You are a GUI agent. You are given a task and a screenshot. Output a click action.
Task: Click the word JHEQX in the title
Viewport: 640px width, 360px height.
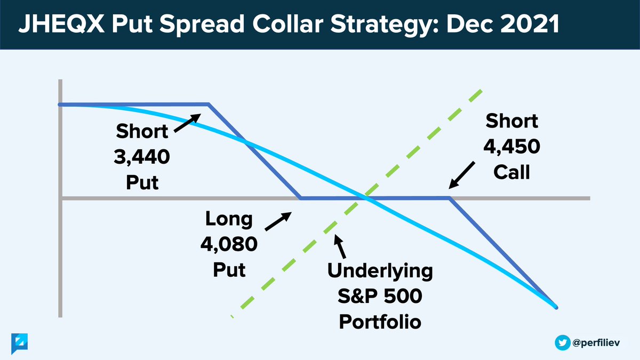(x=61, y=24)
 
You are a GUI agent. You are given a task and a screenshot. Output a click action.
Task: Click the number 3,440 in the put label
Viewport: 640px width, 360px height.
(x=142, y=157)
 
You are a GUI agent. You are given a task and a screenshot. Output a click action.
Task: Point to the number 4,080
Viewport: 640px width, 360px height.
(x=229, y=244)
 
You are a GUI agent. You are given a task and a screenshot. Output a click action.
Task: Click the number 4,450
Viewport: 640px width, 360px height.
(x=511, y=147)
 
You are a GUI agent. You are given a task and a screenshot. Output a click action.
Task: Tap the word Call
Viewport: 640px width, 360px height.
(x=511, y=172)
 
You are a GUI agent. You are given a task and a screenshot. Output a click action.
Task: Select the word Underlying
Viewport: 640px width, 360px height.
(x=380, y=271)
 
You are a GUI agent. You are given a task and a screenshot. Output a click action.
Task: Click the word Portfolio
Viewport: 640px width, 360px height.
(x=380, y=322)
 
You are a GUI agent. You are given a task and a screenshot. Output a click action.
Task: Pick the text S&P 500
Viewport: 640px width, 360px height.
(x=380, y=296)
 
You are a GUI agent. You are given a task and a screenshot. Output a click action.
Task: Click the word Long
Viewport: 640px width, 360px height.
(x=229, y=219)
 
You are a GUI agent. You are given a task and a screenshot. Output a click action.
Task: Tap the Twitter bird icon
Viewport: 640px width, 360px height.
(x=563, y=342)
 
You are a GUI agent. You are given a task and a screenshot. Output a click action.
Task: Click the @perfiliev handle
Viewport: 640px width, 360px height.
(x=596, y=343)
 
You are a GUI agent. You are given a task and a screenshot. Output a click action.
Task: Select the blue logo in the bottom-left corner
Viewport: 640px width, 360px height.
(x=19, y=343)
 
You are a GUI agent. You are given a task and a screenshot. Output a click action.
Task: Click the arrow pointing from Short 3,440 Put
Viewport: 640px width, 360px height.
(x=187, y=123)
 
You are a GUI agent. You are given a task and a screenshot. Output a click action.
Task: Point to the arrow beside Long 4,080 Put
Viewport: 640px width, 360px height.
(x=278, y=221)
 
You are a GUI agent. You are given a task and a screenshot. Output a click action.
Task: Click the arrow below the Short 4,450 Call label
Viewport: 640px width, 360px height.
(x=462, y=175)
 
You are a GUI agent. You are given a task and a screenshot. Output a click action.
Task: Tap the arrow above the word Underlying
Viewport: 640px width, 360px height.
(x=340, y=246)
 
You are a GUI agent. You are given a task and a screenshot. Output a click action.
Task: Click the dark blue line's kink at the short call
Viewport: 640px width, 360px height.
(x=449, y=198)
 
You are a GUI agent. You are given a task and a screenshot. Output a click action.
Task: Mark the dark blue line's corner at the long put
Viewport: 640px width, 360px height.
(x=301, y=198)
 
